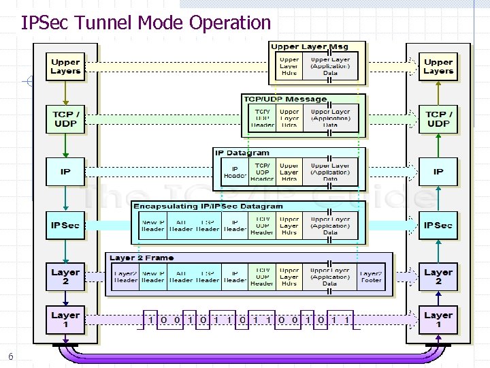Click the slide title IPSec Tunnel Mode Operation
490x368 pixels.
pyautogui.click(x=146, y=22)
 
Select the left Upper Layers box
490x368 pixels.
pyautogui.click(x=65, y=66)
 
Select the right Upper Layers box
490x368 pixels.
pyautogui.click(x=438, y=66)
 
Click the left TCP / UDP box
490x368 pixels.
pyautogui.click(x=65, y=119)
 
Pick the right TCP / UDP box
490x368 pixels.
pyautogui.click(x=438, y=119)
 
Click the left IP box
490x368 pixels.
pyautogui.click(x=65, y=172)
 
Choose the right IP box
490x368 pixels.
pyautogui.click(x=438, y=172)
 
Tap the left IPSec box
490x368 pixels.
pyautogui.click(x=65, y=225)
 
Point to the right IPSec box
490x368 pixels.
pyautogui.click(x=438, y=225)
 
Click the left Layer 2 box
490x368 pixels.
pyautogui.click(x=65, y=277)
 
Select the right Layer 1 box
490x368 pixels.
pyautogui.click(x=438, y=320)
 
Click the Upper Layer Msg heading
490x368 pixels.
pyautogui.click(x=310, y=47)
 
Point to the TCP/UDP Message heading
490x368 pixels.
pyautogui.click(x=285, y=99)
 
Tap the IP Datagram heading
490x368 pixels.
pyautogui.click(x=242, y=153)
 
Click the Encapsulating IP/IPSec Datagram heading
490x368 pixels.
pyautogui.click(x=208, y=206)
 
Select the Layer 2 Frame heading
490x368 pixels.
pyautogui.click(x=142, y=258)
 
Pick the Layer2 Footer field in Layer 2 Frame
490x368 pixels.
pyautogui.click(x=370, y=277)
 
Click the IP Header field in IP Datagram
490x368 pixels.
pyautogui.click(x=235, y=172)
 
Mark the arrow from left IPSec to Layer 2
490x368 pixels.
pyautogui.click(x=65, y=250)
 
